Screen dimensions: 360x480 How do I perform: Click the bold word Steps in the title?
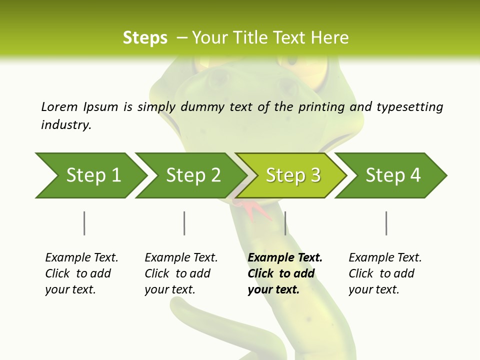tap(145, 38)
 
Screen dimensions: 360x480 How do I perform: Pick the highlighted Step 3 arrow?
tap(293, 175)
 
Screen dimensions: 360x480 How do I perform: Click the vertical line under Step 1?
tap(84, 223)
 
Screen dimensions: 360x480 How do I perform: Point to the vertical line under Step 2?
tap(184, 223)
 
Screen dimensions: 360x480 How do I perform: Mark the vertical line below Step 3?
tap(285, 223)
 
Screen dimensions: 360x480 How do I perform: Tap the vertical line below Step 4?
tap(386, 223)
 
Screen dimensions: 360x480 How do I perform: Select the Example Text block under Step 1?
tap(81, 273)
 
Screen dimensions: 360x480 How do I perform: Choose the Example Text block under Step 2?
tap(181, 273)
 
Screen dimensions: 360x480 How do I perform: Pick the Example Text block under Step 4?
tap(385, 273)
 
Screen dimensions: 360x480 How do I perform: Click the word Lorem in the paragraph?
tap(59, 106)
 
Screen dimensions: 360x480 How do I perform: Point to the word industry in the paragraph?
tap(65, 125)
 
